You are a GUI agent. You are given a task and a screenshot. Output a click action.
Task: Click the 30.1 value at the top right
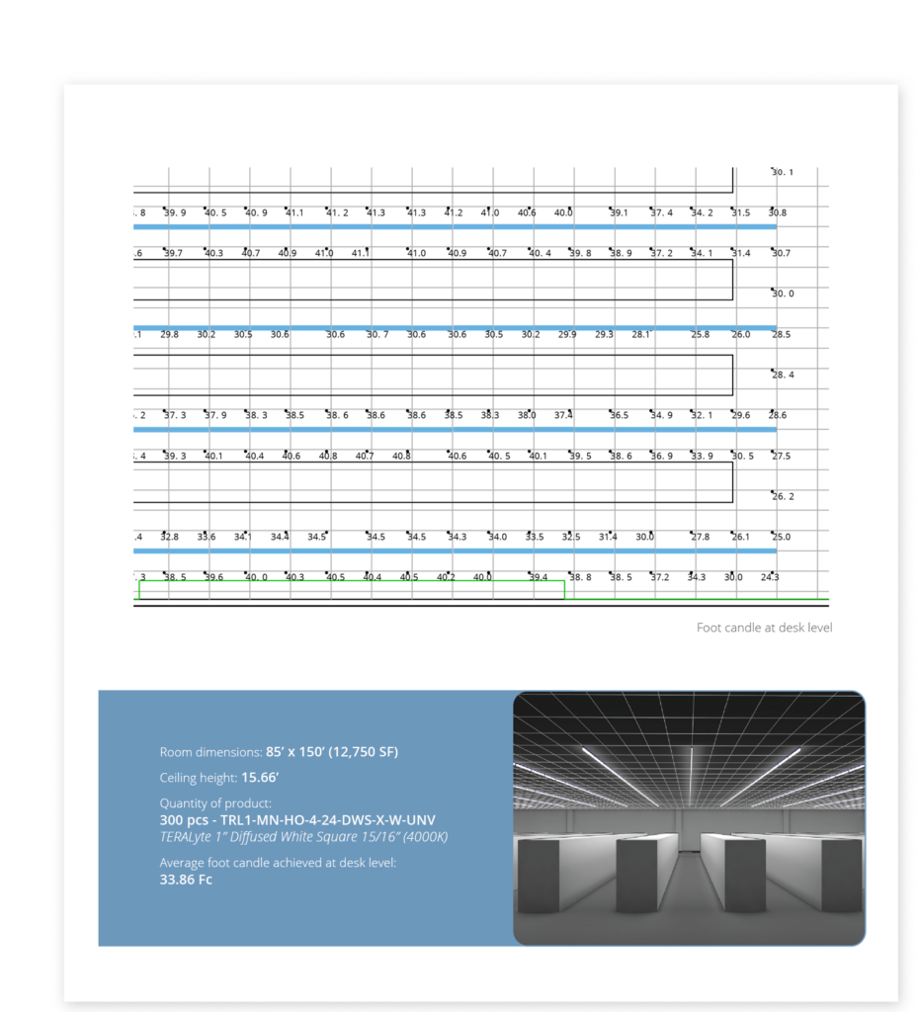pyautogui.click(x=783, y=172)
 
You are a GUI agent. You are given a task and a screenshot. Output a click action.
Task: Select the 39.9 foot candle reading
pyautogui.click(x=175, y=212)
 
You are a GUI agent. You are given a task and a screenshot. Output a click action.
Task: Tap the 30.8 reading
pyautogui.click(x=778, y=212)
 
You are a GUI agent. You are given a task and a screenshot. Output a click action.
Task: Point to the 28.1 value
pyautogui.click(x=642, y=334)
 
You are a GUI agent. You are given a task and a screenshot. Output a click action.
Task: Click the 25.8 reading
pyautogui.click(x=700, y=334)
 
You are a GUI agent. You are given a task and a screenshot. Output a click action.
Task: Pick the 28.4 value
pyautogui.click(x=783, y=375)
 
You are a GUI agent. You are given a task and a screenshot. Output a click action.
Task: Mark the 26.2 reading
pyautogui.click(x=783, y=496)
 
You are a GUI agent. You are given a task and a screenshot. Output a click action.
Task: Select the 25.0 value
pyautogui.click(x=781, y=537)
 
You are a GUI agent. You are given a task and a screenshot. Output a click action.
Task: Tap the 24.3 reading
pyautogui.click(x=770, y=577)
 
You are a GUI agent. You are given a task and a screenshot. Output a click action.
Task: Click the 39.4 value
pyautogui.click(x=539, y=577)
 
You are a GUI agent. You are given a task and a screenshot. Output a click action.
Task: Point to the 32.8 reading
pyautogui.click(x=170, y=537)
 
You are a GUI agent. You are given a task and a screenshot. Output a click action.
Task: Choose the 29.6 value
pyautogui.click(x=740, y=415)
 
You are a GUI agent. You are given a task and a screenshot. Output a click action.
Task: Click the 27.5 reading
pyautogui.click(x=782, y=456)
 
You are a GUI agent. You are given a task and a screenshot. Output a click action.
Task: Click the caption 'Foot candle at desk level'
pyautogui.click(x=764, y=628)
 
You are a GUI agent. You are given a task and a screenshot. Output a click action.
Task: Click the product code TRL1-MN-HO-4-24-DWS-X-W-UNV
pyautogui.click(x=297, y=820)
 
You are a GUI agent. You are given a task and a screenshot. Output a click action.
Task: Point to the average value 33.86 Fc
pyautogui.click(x=186, y=880)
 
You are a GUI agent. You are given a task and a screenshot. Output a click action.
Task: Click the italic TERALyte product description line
pyautogui.click(x=304, y=836)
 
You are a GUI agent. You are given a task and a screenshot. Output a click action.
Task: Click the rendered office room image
pyautogui.click(x=689, y=817)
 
